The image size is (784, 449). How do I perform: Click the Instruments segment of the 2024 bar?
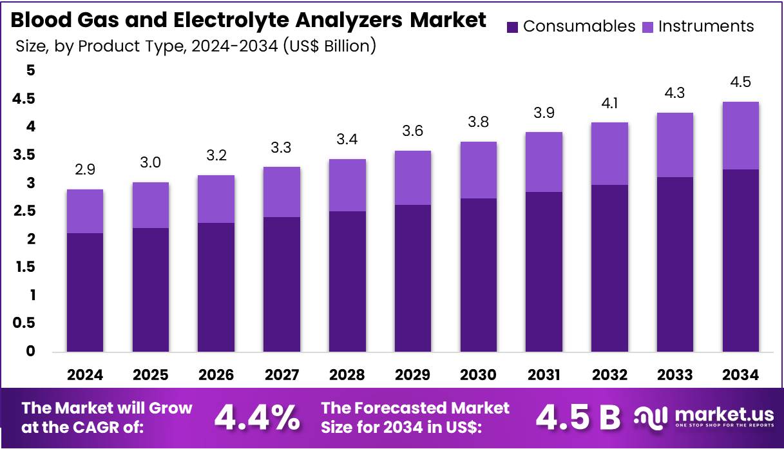[85, 211]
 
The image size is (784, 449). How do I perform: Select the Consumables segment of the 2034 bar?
[740, 260]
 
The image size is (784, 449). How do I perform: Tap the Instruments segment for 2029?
[413, 178]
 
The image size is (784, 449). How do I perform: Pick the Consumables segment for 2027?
[282, 284]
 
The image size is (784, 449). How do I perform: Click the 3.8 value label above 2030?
[479, 122]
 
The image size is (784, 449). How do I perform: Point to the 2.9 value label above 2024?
[85, 171]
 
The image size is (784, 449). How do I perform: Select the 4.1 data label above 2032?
[609, 103]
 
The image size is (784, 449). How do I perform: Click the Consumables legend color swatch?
[513, 26]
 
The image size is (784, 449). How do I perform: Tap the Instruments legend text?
[706, 26]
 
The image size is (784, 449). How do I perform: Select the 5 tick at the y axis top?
[30, 71]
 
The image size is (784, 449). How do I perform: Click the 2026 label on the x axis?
[216, 374]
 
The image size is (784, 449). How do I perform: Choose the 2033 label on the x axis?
[674, 374]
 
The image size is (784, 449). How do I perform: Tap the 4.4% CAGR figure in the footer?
[256, 417]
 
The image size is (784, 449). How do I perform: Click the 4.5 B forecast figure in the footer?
[578, 417]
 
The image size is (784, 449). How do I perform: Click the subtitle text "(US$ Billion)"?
[329, 46]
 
